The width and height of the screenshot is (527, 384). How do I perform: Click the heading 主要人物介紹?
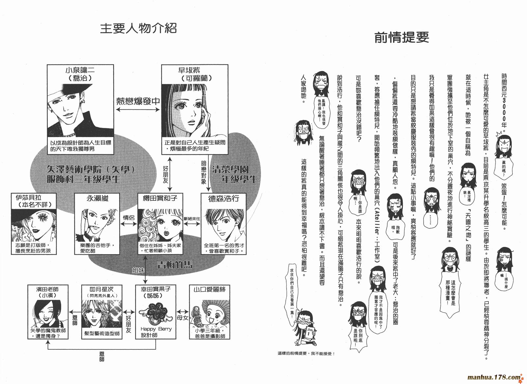(x=138, y=29)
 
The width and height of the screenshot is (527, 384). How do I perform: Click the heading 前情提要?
(x=402, y=38)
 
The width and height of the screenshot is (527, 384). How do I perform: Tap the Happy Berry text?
(x=156, y=329)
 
